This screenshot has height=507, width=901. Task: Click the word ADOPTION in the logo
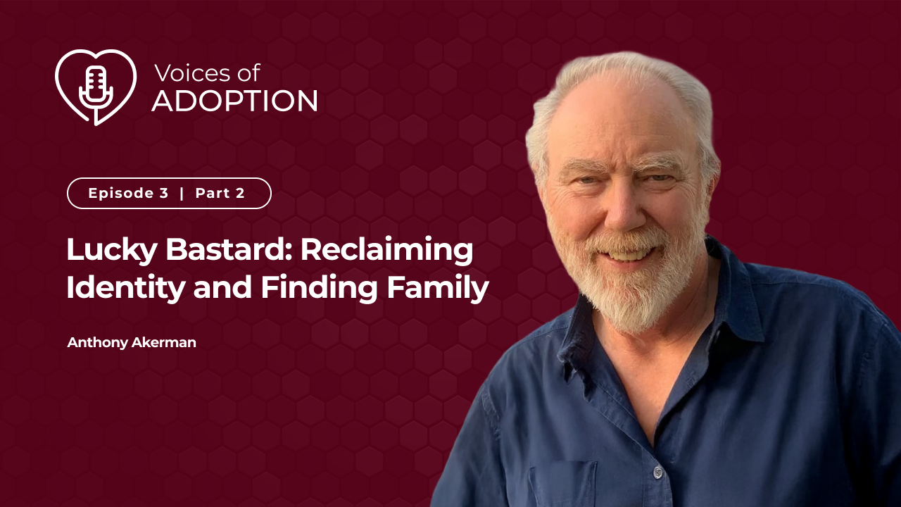point(234,101)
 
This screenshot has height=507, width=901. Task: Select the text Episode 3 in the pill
point(128,193)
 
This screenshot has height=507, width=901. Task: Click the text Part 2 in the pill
point(220,193)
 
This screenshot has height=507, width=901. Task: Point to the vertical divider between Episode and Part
point(182,193)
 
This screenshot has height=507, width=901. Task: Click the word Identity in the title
point(125,288)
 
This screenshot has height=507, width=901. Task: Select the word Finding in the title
point(320,288)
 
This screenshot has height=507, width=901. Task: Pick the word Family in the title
point(438,288)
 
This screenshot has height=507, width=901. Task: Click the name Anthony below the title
point(97,343)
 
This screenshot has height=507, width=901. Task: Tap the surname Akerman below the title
point(164,342)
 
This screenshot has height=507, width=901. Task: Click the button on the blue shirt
point(658,472)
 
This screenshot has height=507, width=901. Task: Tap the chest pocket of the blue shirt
point(562,485)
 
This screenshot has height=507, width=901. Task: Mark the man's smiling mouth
point(627,254)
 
